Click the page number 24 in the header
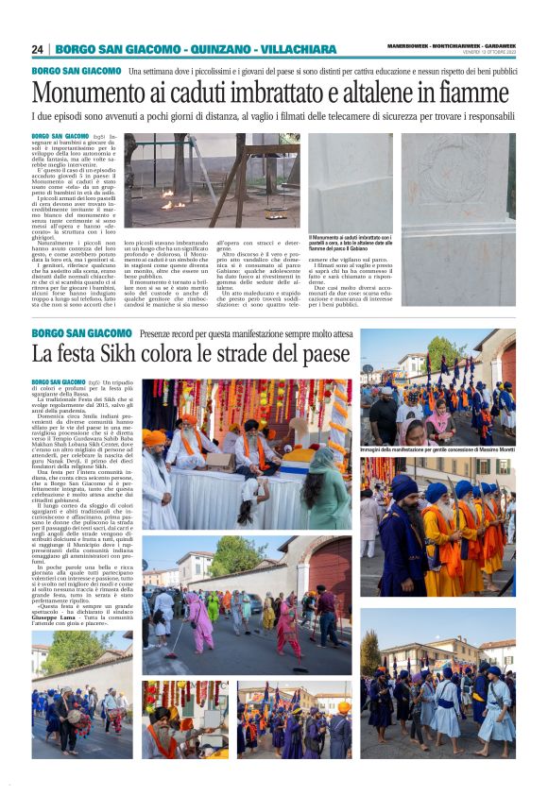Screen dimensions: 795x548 point(37,49)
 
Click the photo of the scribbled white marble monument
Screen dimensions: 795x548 point(459,178)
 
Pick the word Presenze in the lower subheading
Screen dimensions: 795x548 point(163,333)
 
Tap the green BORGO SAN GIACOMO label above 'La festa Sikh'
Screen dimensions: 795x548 point(81,333)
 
